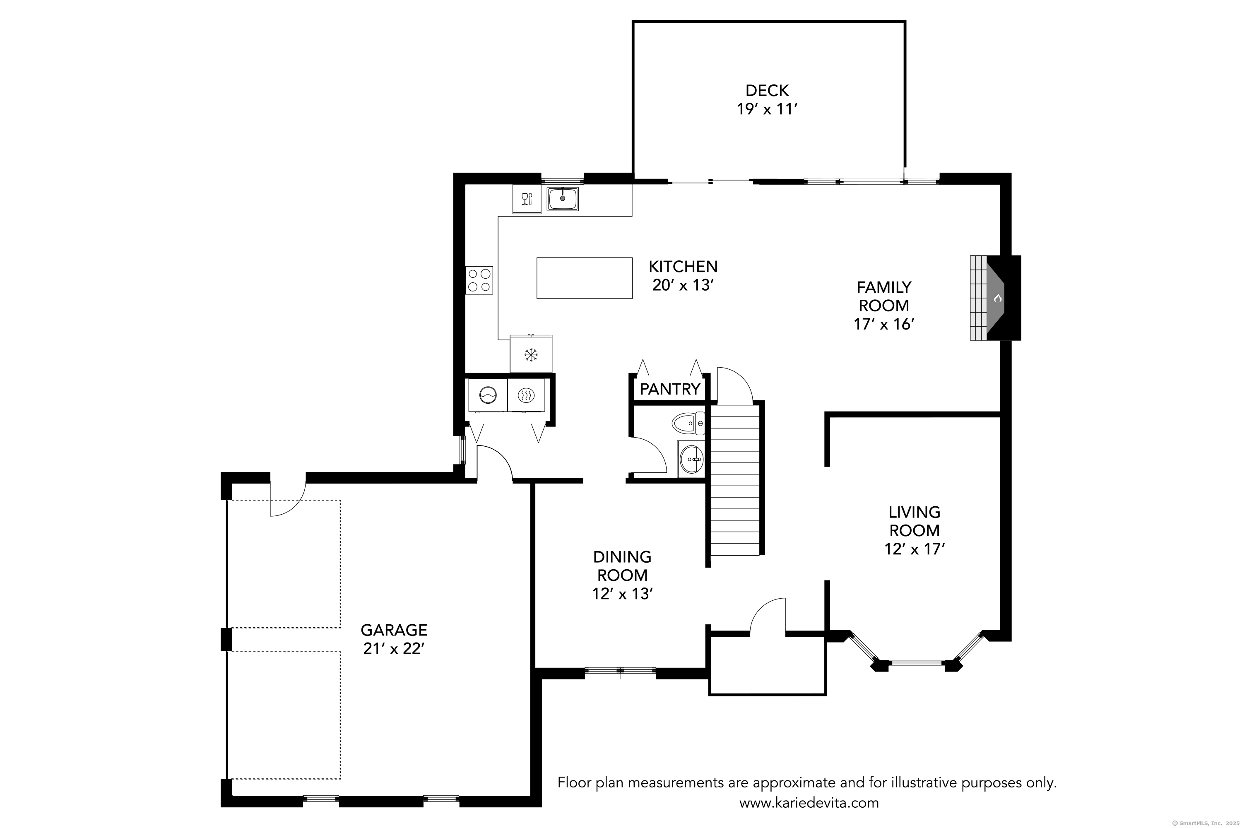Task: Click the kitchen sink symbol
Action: [x=562, y=199]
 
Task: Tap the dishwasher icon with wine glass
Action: [x=527, y=199]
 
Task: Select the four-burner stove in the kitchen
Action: [x=479, y=280]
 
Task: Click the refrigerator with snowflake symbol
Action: [x=531, y=354]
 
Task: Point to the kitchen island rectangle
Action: [x=584, y=278]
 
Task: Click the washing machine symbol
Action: [x=487, y=395]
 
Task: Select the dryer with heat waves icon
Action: [x=526, y=395]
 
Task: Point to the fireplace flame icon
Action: [x=997, y=298]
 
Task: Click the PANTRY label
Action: [x=669, y=390]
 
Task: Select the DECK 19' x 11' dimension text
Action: [x=767, y=109]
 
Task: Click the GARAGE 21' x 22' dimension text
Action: [x=394, y=648]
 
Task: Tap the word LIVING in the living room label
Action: [x=914, y=512]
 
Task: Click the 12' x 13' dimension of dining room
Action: [x=622, y=594]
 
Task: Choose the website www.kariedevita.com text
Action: [x=809, y=803]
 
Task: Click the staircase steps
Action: [x=734, y=486]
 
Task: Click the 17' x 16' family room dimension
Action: [x=883, y=324]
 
